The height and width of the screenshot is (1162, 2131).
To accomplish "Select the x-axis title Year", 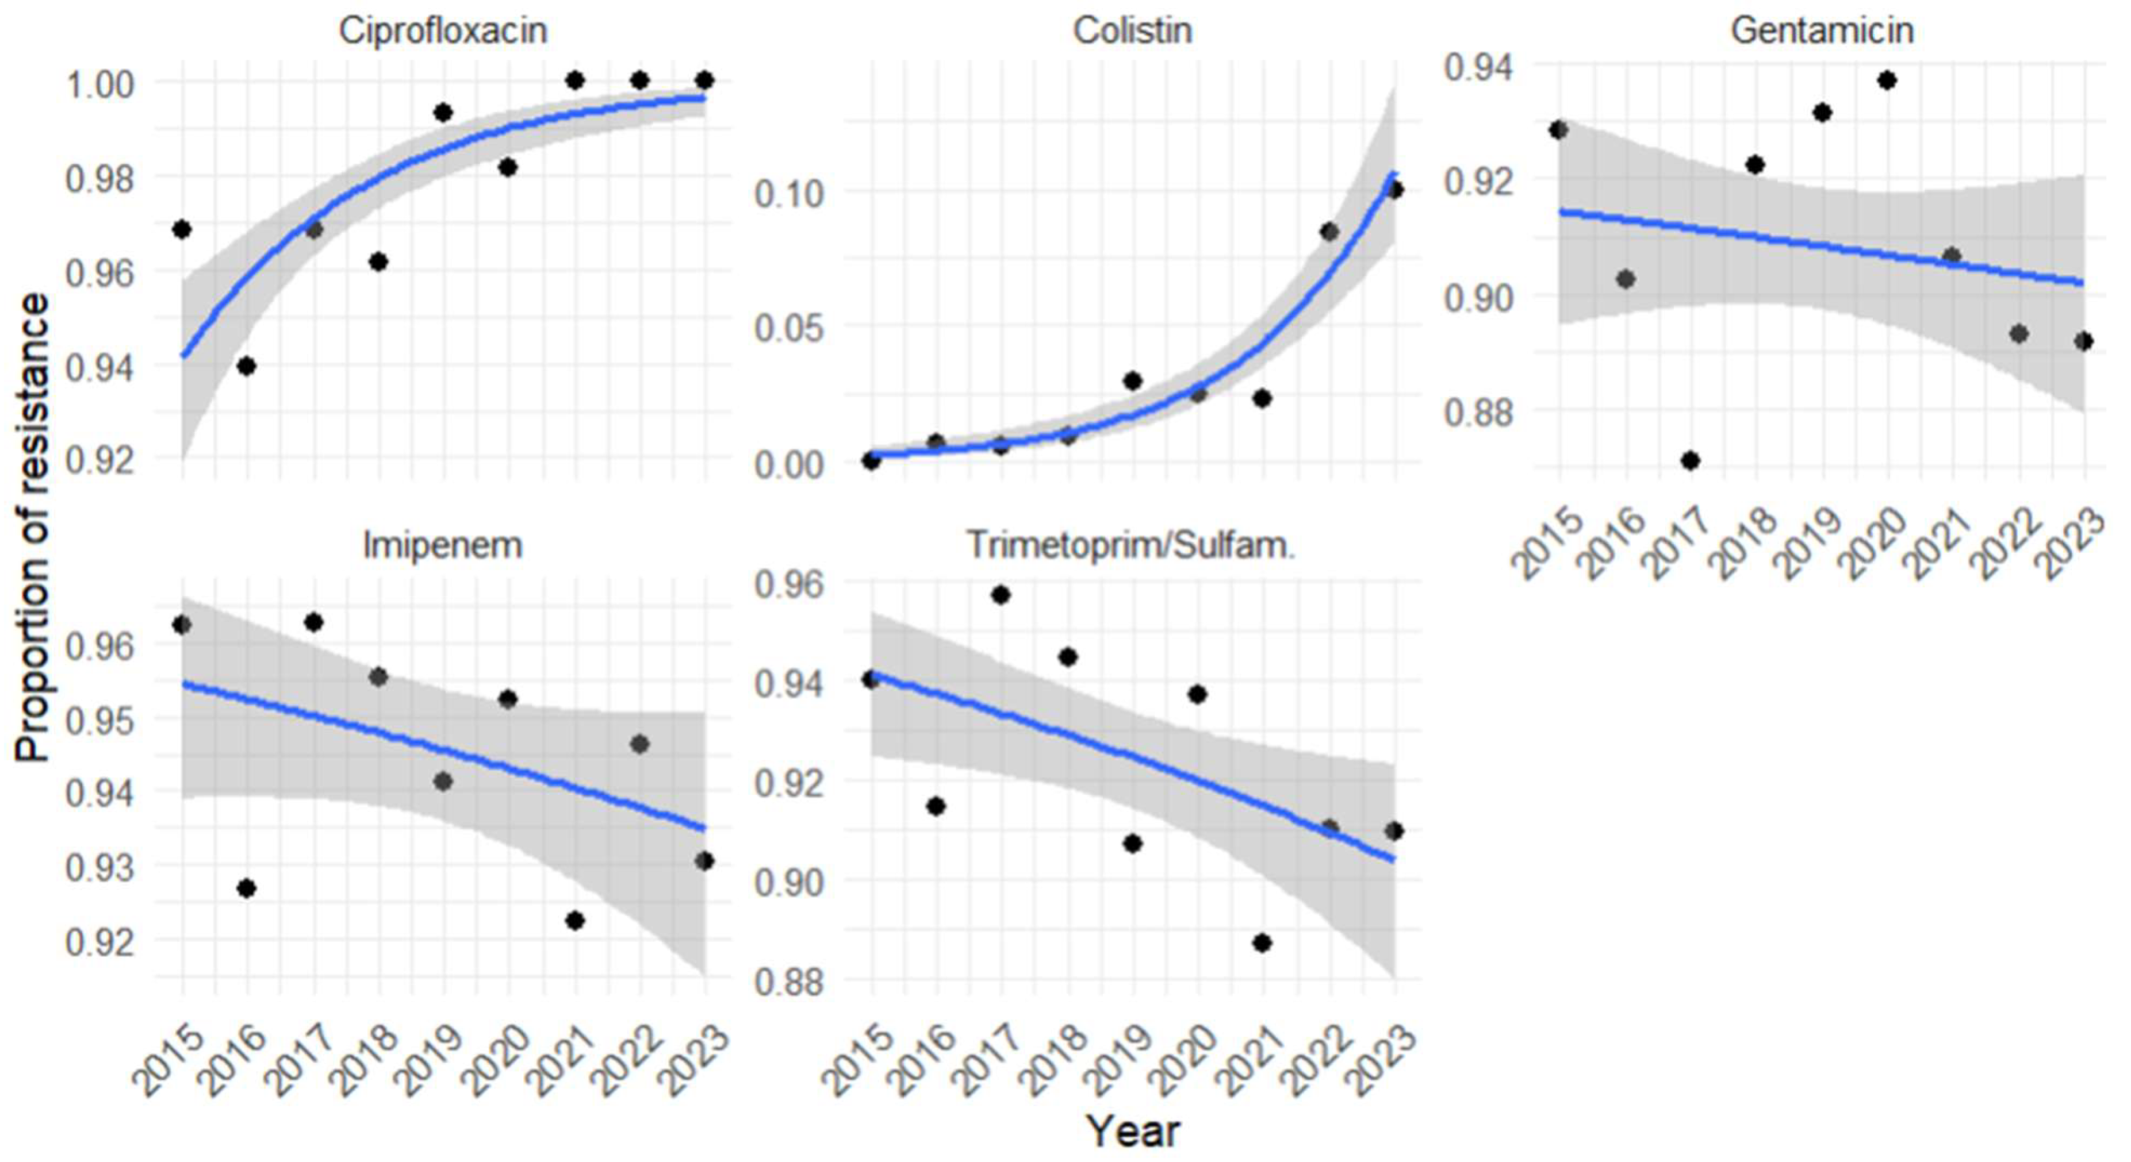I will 1133,1130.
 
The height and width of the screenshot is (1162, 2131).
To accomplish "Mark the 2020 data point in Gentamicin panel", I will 1887,80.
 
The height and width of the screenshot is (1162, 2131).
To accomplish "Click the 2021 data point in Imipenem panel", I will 575,921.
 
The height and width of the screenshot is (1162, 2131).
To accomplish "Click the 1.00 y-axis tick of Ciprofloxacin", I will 99,83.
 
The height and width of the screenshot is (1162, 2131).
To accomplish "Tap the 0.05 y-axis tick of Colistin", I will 789,328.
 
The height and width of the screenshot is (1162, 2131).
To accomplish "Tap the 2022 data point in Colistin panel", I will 1329,232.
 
